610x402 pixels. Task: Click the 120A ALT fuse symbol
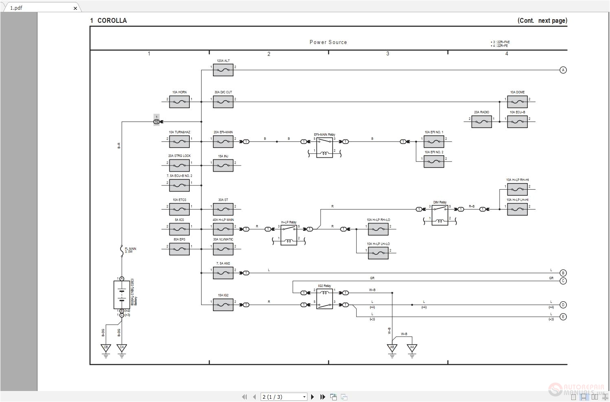click(223, 70)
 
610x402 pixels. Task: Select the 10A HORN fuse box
click(179, 102)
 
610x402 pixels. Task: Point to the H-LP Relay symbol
click(289, 235)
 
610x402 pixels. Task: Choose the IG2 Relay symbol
click(325, 299)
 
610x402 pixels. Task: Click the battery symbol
click(121, 294)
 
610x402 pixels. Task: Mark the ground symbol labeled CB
click(106, 349)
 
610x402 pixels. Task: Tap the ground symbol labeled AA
click(412, 349)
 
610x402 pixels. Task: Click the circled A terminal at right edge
click(563, 70)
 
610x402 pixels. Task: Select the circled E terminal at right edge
click(563, 317)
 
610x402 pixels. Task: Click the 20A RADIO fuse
click(481, 121)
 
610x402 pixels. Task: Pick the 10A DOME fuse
click(517, 102)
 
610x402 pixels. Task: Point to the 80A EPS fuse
click(179, 249)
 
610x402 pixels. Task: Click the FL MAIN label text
click(130, 250)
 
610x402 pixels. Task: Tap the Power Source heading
click(328, 42)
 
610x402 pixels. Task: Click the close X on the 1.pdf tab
click(75, 8)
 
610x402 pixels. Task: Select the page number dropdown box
click(284, 397)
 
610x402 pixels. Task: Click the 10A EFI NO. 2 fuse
click(434, 162)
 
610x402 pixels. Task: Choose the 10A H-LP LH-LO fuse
click(378, 253)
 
